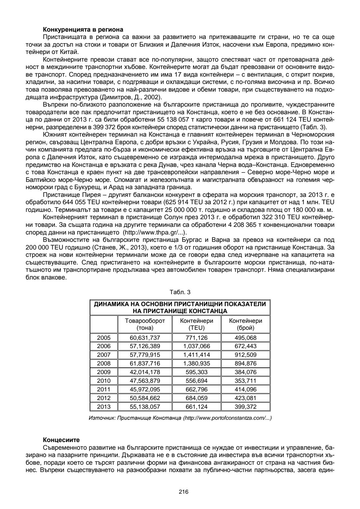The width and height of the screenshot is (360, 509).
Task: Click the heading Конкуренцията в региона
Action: coord(83,29)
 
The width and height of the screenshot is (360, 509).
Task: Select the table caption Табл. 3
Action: coord(180,292)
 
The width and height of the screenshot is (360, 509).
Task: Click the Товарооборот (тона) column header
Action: coord(145,324)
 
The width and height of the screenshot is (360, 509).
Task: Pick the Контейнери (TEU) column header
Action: coord(197,324)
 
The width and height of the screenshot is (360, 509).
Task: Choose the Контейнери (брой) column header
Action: coord(246,324)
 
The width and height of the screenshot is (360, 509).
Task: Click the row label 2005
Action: coord(104,338)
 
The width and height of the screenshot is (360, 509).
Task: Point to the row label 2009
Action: coord(104,372)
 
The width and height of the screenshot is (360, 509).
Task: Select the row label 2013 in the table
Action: coord(104,406)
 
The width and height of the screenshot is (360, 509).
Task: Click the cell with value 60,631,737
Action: coord(145,338)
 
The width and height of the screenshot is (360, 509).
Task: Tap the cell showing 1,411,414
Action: coord(197,355)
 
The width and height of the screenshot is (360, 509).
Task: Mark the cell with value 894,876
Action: coord(246,363)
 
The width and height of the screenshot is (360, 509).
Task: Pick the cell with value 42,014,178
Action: coord(145,372)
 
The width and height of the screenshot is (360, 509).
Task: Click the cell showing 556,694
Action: coord(197,381)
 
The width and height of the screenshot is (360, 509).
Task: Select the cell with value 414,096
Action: coord(246,389)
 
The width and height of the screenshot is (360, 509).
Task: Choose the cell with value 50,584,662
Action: coord(145,398)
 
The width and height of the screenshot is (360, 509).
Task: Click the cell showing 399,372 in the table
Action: coord(246,406)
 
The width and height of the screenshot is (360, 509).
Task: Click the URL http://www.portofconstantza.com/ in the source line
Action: coord(227,418)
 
